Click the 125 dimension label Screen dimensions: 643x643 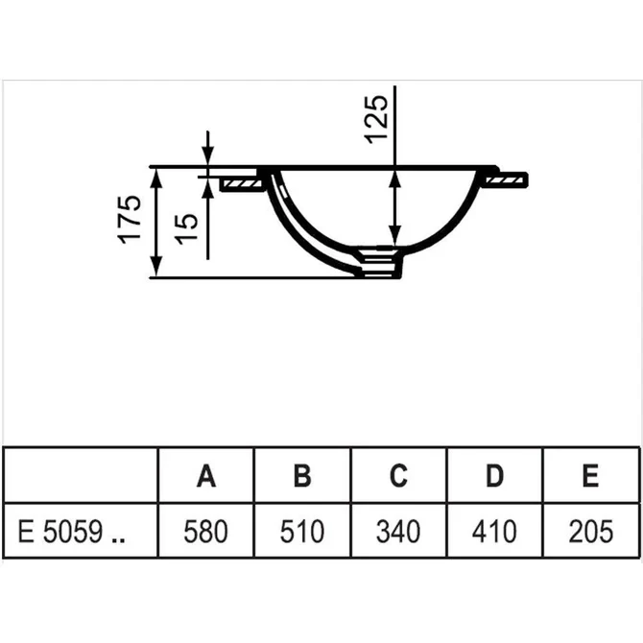tap(376, 119)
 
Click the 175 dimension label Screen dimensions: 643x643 tap(130, 220)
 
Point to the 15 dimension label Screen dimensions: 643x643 tap(186, 229)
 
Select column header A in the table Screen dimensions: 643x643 tap(206, 475)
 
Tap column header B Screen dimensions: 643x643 tap(302, 475)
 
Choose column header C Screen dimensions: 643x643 tap(398, 475)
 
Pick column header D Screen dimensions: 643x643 tap(494, 475)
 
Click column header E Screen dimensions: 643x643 tap(590, 475)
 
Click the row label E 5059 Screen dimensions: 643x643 tap(72, 532)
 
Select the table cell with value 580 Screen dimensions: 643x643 tap(205, 532)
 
